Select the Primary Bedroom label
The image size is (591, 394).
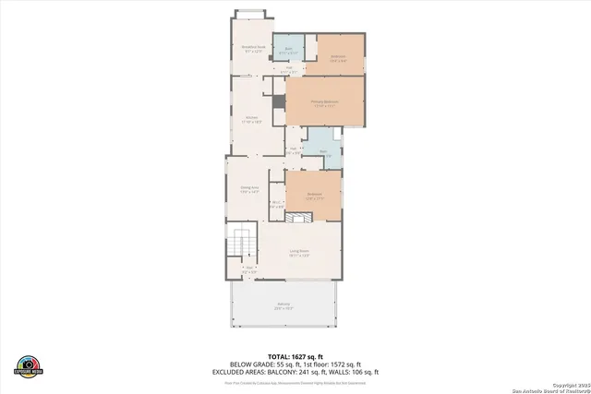tap(325, 102)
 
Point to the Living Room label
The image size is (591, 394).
tap(298, 253)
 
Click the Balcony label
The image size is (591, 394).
tap(283, 307)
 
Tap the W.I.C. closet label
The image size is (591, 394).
tap(275, 206)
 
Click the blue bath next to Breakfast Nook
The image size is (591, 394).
tap(288, 51)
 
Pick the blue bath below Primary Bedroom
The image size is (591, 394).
tap(324, 153)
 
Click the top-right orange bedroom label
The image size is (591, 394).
tap(338, 58)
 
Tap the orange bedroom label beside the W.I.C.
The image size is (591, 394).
tap(315, 195)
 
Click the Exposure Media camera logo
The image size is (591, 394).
tap(28, 365)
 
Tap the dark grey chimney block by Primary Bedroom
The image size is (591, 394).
tap(276, 102)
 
